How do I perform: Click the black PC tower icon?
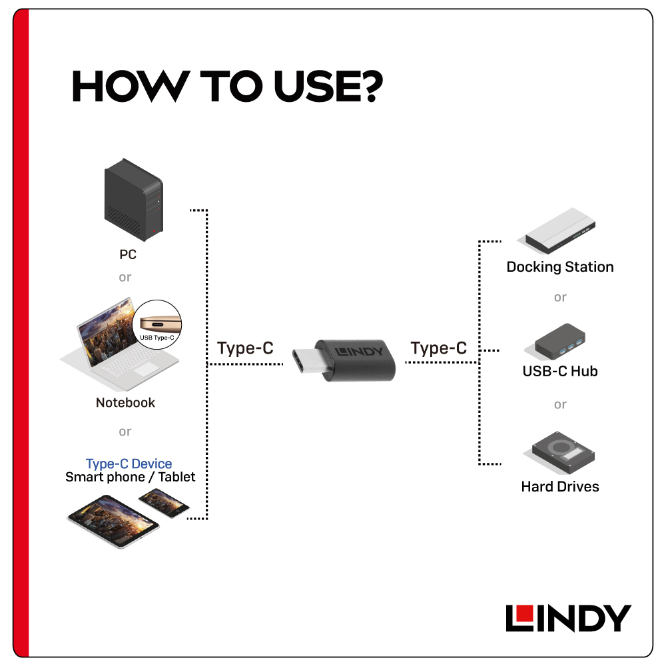[133, 200]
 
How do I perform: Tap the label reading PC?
[128, 254]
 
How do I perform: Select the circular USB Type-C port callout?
[157, 324]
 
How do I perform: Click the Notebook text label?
[125, 402]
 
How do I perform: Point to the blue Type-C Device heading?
[129, 464]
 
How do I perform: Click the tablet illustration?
[113, 521]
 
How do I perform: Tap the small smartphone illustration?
[164, 502]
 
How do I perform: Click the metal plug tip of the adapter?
[306, 360]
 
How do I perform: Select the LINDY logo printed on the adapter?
[359, 352]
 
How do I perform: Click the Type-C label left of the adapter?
[245, 348]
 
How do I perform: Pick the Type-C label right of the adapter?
[438, 348]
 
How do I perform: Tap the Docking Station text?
[560, 267]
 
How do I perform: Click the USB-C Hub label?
[560, 371]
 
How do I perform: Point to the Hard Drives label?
[560, 487]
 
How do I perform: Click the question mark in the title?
[369, 86]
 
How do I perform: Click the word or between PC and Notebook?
[125, 278]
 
